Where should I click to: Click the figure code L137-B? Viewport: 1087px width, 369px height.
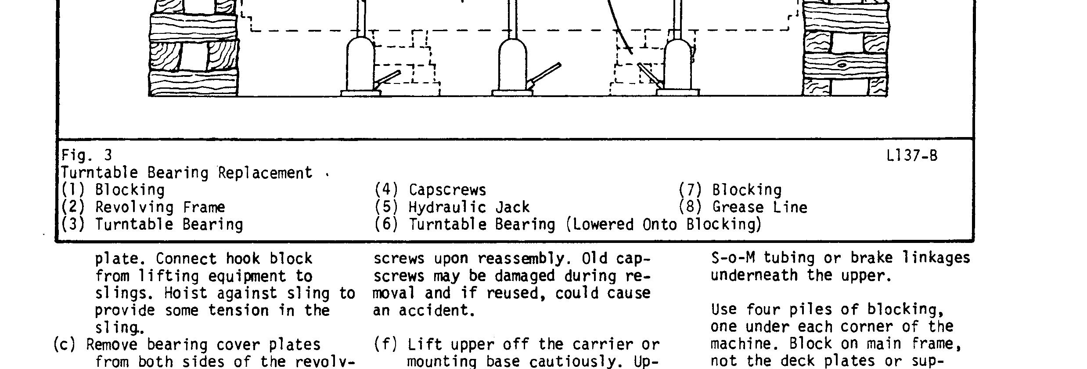pos(911,156)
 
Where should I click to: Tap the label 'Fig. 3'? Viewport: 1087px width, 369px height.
pos(86,155)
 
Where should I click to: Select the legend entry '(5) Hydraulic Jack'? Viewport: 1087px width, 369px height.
pos(452,207)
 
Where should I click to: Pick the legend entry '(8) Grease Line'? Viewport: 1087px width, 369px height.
pos(743,207)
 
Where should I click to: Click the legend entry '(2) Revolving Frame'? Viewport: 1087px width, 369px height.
pos(143,207)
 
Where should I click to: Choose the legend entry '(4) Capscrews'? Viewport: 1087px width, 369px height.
pos(430,190)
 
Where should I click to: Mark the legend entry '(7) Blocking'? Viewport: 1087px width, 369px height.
pos(730,190)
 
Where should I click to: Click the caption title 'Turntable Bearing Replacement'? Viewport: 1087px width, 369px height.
pos(187,173)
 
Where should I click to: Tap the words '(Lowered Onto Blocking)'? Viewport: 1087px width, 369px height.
pos(663,224)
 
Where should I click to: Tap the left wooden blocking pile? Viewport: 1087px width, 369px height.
pos(194,53)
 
